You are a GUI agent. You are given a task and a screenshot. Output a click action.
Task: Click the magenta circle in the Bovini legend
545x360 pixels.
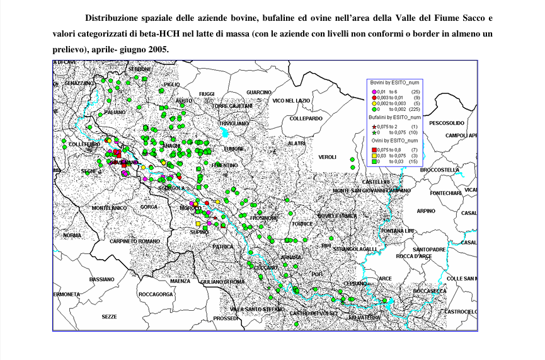(x=374, y=92)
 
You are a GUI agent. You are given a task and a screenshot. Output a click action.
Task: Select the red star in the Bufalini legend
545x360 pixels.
(x=374, y=126)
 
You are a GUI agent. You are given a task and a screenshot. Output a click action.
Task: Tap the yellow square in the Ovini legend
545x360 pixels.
(x=374, y=155)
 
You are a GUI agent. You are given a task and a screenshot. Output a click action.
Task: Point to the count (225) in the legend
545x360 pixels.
(x=415, y=109)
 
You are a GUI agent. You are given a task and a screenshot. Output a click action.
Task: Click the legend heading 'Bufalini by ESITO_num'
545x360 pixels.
(x=394, y=118)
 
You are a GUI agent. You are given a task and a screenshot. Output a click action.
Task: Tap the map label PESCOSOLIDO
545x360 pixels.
(x=447, y=123)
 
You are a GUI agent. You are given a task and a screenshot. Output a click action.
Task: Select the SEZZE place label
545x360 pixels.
(x=109, y=316)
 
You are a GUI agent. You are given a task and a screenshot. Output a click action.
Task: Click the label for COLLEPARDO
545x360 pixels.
(x=306, y=118)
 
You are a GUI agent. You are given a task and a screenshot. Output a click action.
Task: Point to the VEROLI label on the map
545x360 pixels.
(x=327, y=157)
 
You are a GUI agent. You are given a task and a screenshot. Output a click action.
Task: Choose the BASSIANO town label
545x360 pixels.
(x=101, y=279)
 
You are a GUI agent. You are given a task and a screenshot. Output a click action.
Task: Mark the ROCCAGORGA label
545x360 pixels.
(x=155, y=294)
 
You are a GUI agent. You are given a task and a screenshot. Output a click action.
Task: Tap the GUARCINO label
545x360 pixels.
(x=259, y=93)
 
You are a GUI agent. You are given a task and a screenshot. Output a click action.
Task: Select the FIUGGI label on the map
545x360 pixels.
(x=207, y=94)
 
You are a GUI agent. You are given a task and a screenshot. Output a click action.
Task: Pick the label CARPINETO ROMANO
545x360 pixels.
(x=135, y=241)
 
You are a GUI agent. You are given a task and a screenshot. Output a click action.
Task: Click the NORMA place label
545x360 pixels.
(x=72, y=235)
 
